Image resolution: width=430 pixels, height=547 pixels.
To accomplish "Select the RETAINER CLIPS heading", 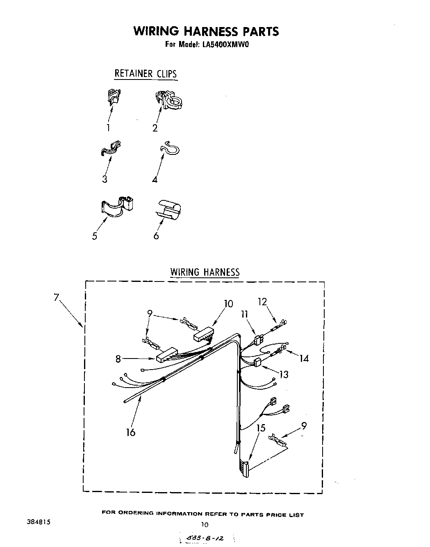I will tap(146, 74).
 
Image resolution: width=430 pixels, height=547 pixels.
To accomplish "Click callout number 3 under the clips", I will tap(105, 179).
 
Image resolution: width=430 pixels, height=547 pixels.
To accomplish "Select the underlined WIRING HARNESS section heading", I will tap(205, 272).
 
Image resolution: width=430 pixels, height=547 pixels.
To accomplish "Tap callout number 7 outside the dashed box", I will tap(57, 297).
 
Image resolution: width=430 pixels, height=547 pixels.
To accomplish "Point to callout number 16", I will tap(131, 432).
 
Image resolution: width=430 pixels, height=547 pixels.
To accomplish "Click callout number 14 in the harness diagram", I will tap(304, 359).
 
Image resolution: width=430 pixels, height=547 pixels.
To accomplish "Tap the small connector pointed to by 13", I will tap(257, 362).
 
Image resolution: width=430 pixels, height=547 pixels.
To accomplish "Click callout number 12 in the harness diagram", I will tap(262, 302).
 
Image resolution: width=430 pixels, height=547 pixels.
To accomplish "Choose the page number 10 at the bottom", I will tap(205, 524).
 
